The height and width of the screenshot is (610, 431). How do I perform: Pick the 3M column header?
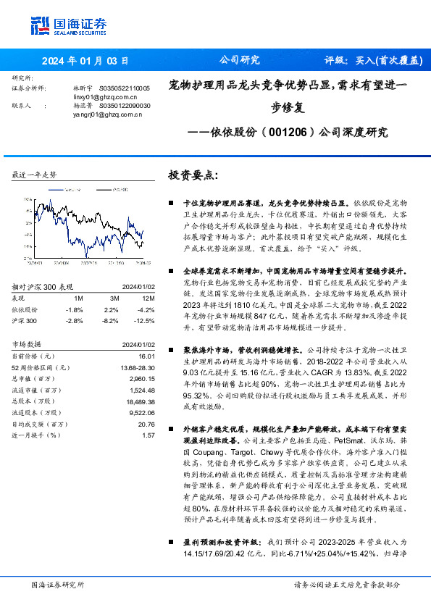[114, 298]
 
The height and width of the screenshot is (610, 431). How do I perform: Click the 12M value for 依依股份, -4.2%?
[146, 309]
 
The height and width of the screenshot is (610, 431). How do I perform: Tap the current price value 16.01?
[148, 356]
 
